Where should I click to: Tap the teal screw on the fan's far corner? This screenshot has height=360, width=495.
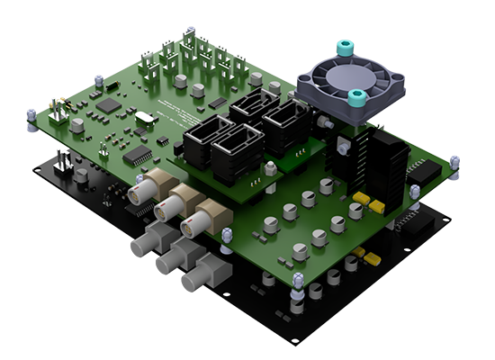[344, 46]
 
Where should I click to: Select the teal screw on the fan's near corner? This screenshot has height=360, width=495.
[357, 96]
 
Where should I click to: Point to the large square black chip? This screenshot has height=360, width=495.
[109, 105]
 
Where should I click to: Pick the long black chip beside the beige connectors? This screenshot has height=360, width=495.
[137, 155]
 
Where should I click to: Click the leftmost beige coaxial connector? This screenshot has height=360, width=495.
[139, 193]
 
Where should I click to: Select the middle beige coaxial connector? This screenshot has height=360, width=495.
[167, 209]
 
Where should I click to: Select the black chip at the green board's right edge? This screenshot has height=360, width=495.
[423, 170]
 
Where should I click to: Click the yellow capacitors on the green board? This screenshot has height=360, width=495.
[367, 202]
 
